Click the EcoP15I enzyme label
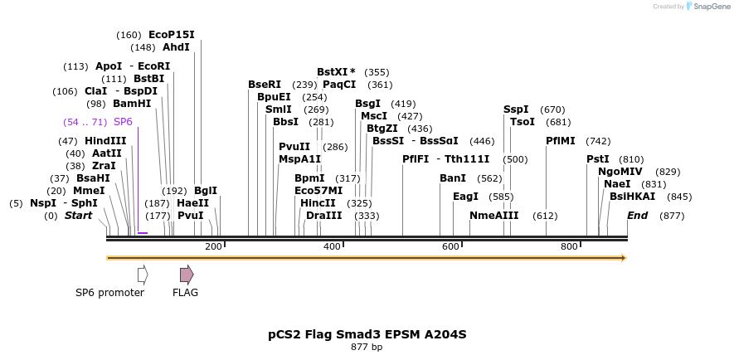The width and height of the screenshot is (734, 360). coord(171,35)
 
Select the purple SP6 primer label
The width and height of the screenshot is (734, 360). coord(123,122)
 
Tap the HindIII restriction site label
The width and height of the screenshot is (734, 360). coord(105,141)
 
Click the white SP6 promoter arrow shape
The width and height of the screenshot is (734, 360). coord(143,274)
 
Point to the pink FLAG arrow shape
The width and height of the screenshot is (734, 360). coord(187,274)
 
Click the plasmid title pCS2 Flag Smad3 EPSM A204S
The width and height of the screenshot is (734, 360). coord(367,334)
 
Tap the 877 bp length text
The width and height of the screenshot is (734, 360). coord(367,348)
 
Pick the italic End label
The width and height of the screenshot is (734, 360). coord(637,216)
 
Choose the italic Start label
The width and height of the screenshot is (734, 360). coord(78,216)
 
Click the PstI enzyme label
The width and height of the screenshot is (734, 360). coord(597,159)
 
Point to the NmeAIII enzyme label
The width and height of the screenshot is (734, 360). coord(493,216)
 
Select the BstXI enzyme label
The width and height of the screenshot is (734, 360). coord(336,72)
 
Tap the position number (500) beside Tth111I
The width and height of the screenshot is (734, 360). coord(515,159)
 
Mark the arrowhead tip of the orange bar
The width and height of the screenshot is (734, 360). coord(625,258)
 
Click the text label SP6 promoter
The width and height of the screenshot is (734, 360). coord(109,292)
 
